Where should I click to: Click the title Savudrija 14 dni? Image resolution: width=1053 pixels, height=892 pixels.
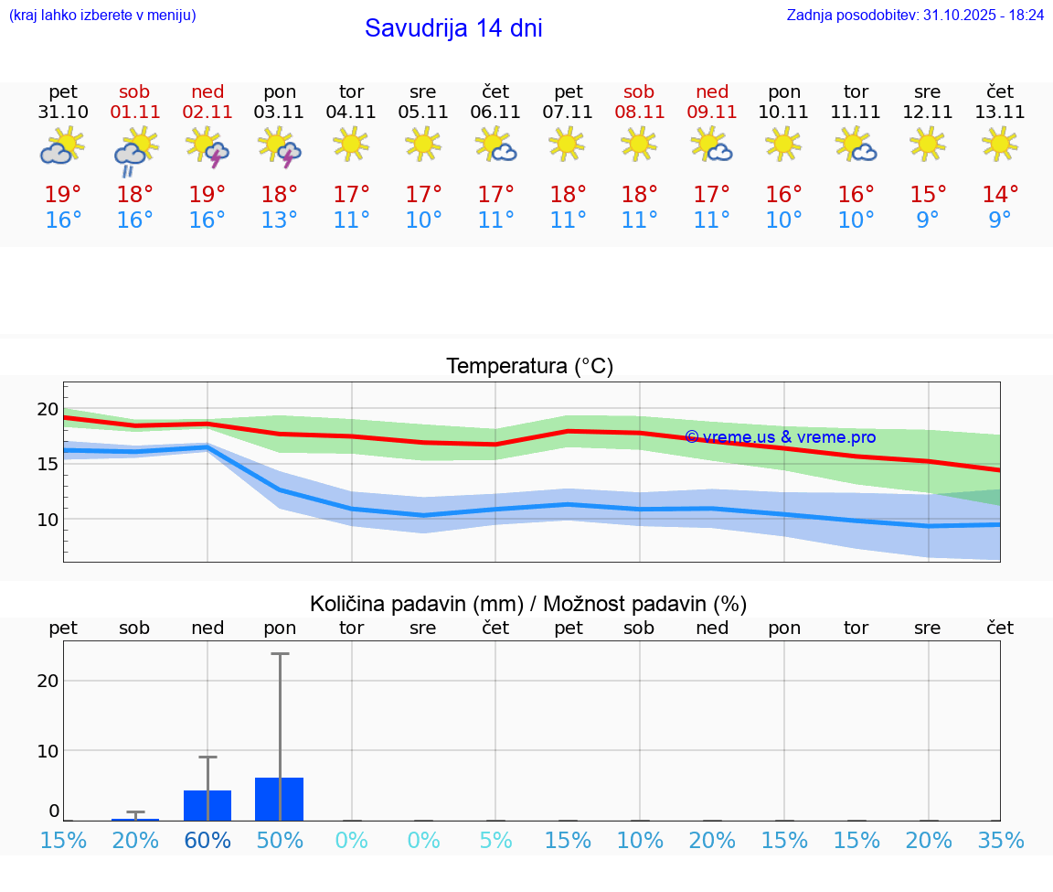coord(453,28)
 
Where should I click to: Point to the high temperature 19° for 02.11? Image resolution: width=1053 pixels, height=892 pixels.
coord(207,195)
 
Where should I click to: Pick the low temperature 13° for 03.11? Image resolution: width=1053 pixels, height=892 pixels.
coord(280,220)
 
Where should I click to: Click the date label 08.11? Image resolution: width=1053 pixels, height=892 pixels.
coord(639,113)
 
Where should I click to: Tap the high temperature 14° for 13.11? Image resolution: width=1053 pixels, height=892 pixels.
coord(1000,195)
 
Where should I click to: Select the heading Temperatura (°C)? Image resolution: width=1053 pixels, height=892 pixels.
coord(529,367)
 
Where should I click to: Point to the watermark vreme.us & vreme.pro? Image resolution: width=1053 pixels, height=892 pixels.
coord(780,437)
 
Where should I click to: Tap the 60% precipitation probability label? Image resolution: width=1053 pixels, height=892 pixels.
coord(207,841)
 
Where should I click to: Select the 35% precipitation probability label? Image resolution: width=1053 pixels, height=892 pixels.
coord(1001,841)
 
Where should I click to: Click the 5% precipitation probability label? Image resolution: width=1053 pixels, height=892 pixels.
coord(495,841)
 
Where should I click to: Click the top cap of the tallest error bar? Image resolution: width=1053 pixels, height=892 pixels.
coord(280,654)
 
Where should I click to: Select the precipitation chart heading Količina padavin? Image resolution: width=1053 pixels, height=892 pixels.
coord(528,604)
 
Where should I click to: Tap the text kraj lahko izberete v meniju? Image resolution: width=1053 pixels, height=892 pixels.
coord(102,16)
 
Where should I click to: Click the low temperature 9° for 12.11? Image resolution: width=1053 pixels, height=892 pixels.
coord(928,220)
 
